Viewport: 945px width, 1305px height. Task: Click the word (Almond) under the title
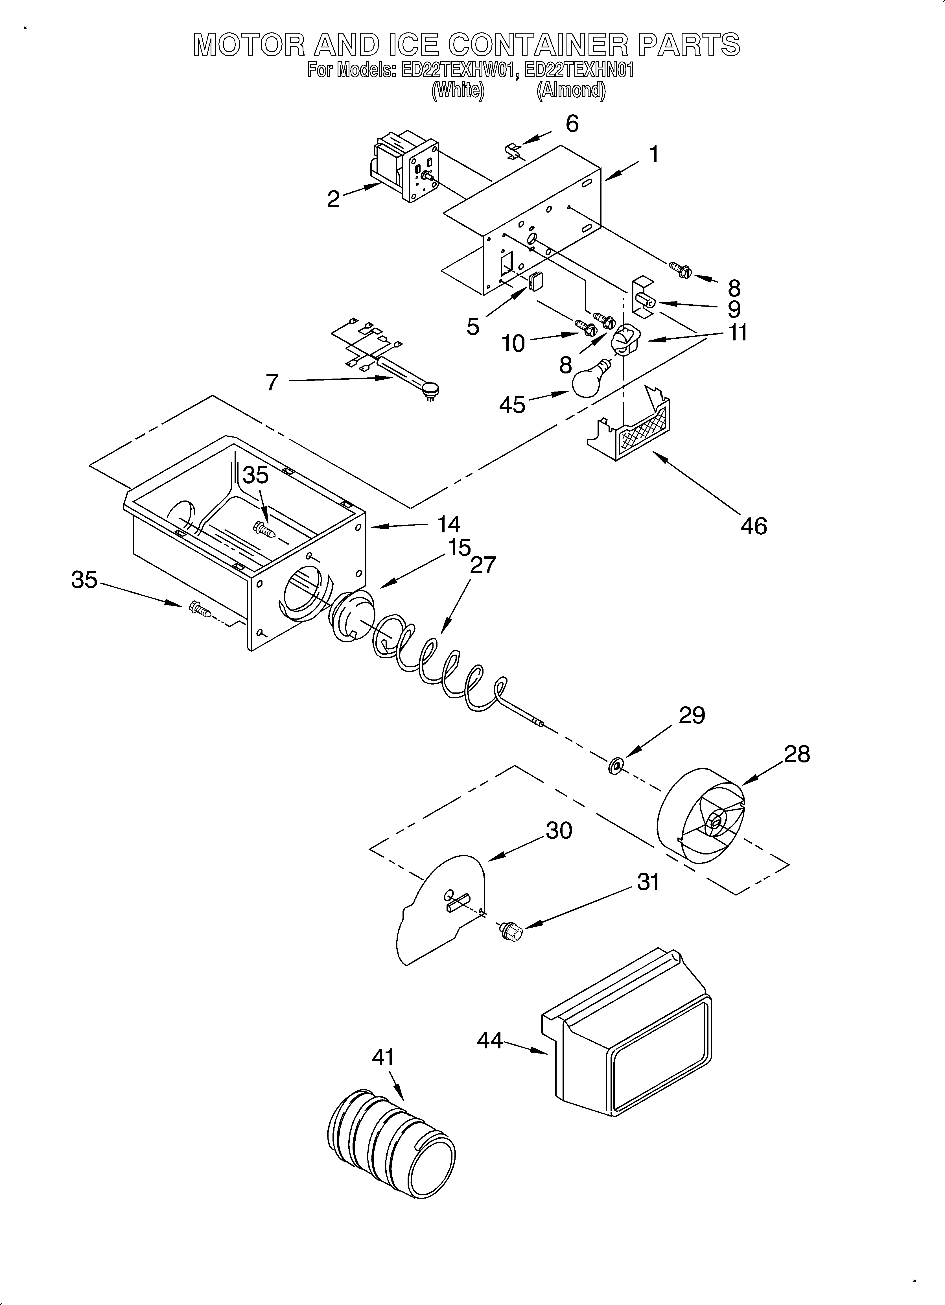[x=571, y=91]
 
